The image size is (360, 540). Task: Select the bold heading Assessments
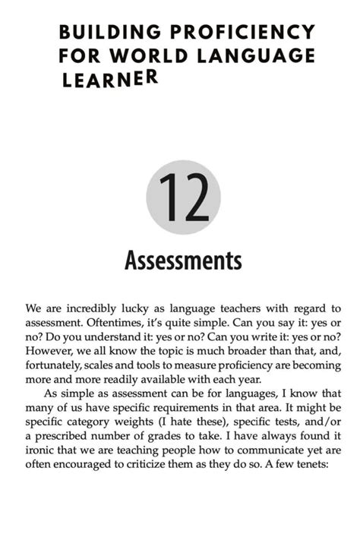coord(182,261)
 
